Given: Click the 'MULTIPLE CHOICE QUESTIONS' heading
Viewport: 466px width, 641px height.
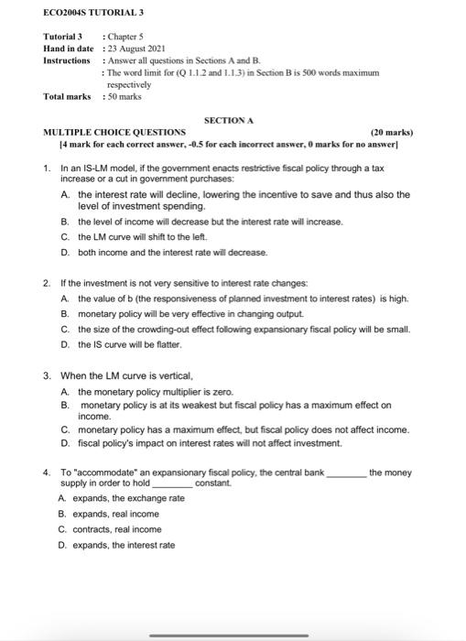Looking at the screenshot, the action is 114,132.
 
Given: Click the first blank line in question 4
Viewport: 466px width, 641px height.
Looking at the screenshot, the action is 347,473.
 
